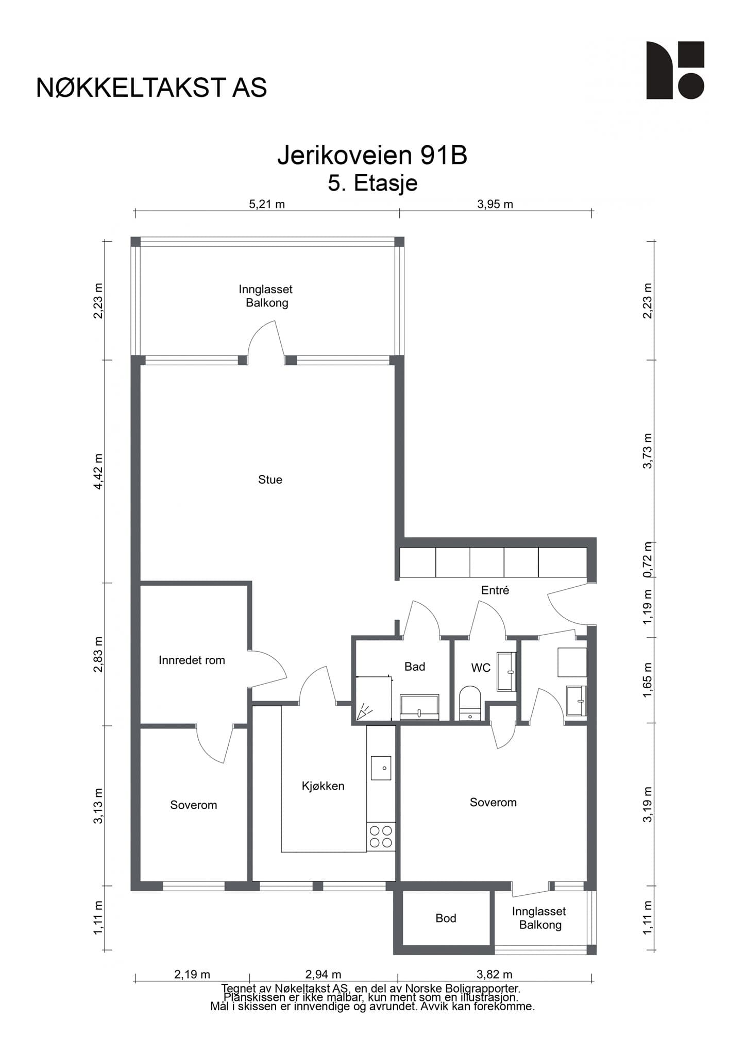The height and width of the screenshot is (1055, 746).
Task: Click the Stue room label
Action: pyautogui.click(x=270, y=480)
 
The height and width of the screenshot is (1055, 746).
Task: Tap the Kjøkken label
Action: pyautogui.click(x=323, y=786)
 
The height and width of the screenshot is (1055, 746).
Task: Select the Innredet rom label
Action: pyautogui.click(x=192, y=660)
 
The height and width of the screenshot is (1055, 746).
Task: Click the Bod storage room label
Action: pyautogui.click(x=446, y=917)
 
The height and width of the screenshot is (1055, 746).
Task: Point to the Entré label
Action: pyautogui.click(x=495, y=590)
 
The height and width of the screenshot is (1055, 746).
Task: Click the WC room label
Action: pyautogui.click(x=481, y=668)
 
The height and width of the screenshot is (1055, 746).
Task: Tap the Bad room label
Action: pyautogui.click(x=415, y=667)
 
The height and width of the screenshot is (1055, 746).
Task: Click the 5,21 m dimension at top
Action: pyautogui.click(x=267, y=204)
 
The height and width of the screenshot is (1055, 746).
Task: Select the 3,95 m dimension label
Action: pyautogui.click(x=495, y=204)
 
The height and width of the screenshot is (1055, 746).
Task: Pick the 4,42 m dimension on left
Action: pyautogui.click(x=98, y=472)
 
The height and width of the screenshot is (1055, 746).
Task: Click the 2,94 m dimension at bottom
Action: pyautogui.click(x=323, y=974)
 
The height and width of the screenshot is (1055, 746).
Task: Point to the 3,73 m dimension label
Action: pyautogui.click(x=648, y=451)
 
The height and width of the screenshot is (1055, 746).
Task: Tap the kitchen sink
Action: pyautogui.click(x=381, y=768)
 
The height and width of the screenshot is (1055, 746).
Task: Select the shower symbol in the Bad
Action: pyautogui.click(x=365, y=711)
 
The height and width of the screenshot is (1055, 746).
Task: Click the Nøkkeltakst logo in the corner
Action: pyautogui.click(x=675, y=70)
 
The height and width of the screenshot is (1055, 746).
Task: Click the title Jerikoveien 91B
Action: pyautogui.click(x=372, y=155)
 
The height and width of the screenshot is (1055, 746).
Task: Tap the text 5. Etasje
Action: pyautogui.click(x=372, y=183)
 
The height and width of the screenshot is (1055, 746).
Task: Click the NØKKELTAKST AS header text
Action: pyautogui.click(x=151, y=88)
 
